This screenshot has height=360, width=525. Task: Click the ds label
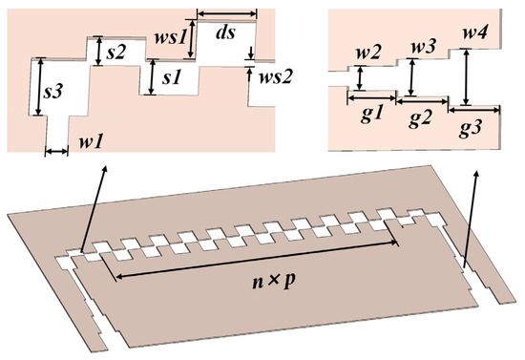(226, 33)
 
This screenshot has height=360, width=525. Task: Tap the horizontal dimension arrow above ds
(226, 13)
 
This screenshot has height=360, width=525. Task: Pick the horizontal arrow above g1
(370, 96)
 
